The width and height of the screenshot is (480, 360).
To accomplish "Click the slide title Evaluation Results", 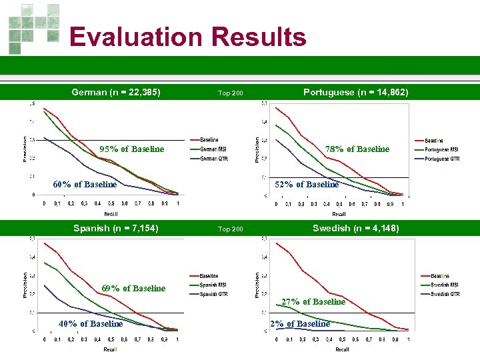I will pyautogui.click(x=187, y=37).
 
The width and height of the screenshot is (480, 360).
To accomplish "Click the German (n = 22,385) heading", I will pyautogui.click(x=116, y=92).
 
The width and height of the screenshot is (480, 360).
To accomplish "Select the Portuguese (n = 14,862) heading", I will pyautogui.click(x=355, y=92).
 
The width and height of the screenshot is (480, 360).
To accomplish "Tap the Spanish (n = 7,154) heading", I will pyautogui.click(x=116, y=228).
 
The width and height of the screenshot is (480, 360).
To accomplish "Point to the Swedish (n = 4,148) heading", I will pyautogui.click(x=355, y=228).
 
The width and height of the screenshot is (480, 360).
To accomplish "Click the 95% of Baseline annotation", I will pyautogui.click(x=131, y=149).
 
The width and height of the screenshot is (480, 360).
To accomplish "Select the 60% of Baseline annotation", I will pyautogui.click(x=85, y=184).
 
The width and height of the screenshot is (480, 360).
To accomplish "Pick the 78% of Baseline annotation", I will pyautogui.click(x=357, y=149).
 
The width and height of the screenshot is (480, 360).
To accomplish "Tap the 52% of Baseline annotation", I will pyautogui.click(x=307, y=184).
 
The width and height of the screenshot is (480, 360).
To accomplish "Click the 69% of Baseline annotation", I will pyautogui.click(x=133, y=288).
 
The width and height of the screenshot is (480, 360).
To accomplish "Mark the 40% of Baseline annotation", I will pyautogui.click(x=91, y=323).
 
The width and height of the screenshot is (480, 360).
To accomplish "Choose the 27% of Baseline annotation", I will pyautogui.click(x=313, y=301).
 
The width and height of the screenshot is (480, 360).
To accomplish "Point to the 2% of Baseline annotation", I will pyautogui.click(x=299, y=323).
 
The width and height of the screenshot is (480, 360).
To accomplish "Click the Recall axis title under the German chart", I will pyautogui.click(x=111, y=214).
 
